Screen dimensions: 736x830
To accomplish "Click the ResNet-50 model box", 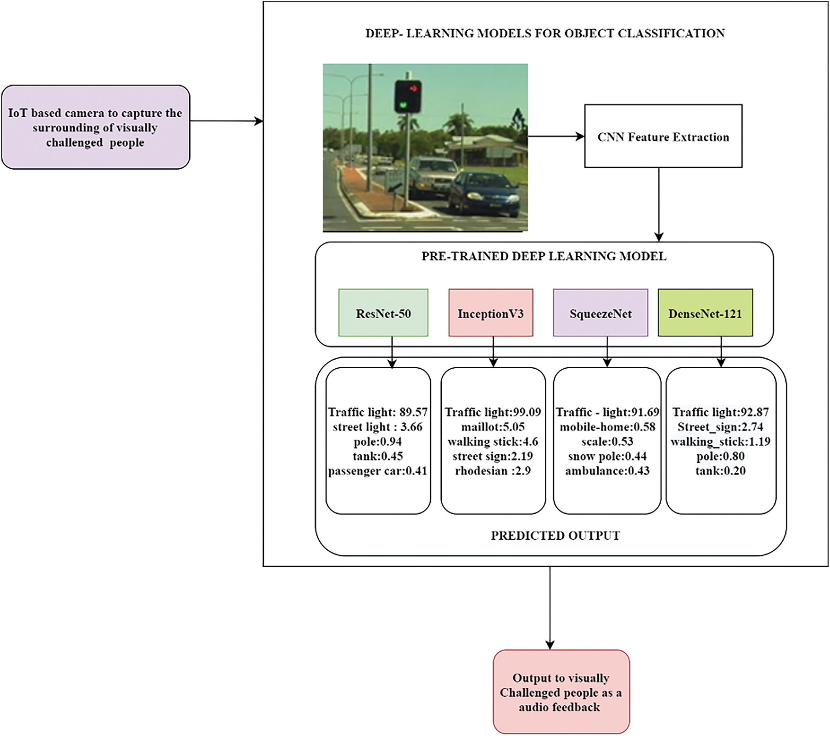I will pyautogui.click(x=383, y=313).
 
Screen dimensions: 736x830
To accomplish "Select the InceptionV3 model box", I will pyautogui.click(x=490, y=313).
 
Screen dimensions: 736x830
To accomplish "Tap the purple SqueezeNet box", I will pyautogui.click(x=600, y=313).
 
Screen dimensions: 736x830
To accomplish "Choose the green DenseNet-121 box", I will pyautogui.click(x=705, y=313).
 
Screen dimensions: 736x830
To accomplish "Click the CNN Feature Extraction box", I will pyautogui.click(x=663, y=136).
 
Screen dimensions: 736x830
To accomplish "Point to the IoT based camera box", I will pyautogui.click(x=95, y=127).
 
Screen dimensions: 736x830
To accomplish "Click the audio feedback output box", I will pyautogui.click(x=561, y=692).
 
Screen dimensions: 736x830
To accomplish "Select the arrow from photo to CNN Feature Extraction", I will pyautogui.click(x=556, y=136).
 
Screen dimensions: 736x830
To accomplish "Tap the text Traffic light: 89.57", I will pyautogui.click(x=377, y=412).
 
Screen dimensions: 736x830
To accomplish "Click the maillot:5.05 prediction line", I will pyautogui.click(x=493, y=427).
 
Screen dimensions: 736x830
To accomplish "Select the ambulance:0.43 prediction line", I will pyautogui.click(x=607, y=471).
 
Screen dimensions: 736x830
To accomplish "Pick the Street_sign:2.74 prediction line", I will pyautogui.click(x=720, y=427).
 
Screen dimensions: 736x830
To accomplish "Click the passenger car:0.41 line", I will pyautogui.click(x=377, y=471).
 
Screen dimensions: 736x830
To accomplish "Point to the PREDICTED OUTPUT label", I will pyautogui.click(x=555, y=536).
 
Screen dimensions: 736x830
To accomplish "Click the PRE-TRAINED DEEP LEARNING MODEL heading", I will pyautogui.click(x=544, y=256).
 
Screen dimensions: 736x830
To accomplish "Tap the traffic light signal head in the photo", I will pyautogui.click(x=408, y=96).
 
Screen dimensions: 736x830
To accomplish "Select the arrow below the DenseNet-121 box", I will pyautogui.click(x=721, y=351).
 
